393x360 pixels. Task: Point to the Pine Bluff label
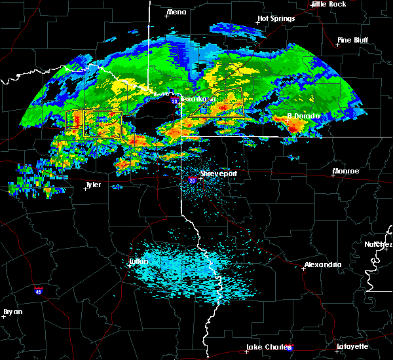(x=352, y=40)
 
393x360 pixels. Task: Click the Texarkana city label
(x=193, y=99)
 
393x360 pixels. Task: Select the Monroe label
(x=346, y=171)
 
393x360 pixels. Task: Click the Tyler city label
(x=93, y=185)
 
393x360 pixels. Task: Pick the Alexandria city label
(x=322, y=264)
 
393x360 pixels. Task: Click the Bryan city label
(x=12, y=312)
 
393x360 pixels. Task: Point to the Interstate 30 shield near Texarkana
(x=174, y=101)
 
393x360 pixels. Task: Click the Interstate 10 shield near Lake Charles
(x=290, y=348)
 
